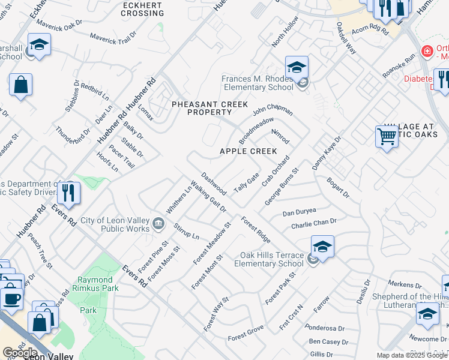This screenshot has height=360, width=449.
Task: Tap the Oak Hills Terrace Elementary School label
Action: tap(272, 259)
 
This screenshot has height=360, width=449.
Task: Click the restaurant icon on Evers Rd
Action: tap(68, 193)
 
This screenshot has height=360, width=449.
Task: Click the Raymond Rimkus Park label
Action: tap(95, 284)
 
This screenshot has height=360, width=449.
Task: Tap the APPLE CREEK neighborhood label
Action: tap(248, 151)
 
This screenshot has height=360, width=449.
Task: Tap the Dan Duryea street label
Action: tap(299, 213)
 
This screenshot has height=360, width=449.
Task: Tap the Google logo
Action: tap(20, 352)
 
